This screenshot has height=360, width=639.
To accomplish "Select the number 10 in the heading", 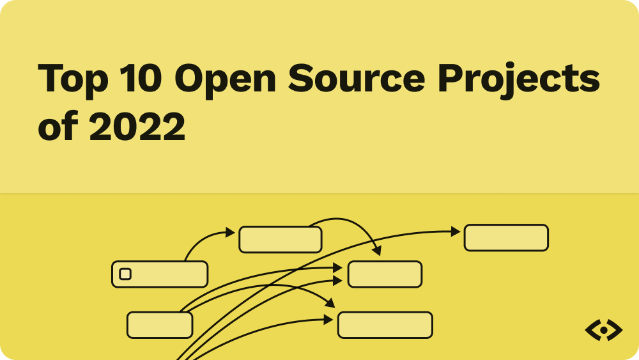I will pos(141,79).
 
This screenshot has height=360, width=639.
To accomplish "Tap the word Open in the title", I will pos(224,80).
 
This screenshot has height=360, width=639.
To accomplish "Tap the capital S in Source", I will pos(302,79).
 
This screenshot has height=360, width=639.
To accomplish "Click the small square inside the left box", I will pos(125,274).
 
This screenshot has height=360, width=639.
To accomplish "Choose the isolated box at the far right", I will pos(506,238).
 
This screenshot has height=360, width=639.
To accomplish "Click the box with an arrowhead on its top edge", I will pos(385,274).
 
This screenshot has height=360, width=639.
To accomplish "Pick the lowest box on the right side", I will pos(385,325).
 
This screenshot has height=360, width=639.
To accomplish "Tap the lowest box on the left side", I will pos(160,325).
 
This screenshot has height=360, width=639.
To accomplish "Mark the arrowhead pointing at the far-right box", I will pos(456,231).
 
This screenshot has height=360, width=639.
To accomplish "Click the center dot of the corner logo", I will pos(604,331).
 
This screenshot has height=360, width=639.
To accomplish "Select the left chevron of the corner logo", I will pos(591,331).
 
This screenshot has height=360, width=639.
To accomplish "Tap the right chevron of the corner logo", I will pos(617,331).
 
